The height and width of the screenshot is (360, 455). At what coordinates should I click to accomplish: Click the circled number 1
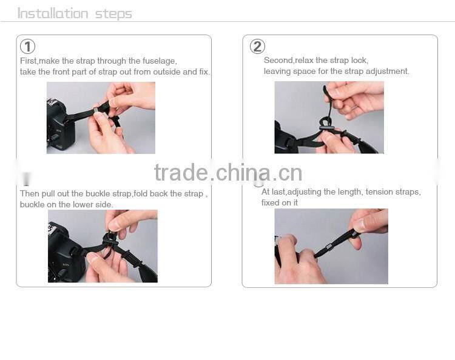click(x=28, y=47)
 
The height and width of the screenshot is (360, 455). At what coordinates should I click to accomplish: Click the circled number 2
click(x=257, y=47)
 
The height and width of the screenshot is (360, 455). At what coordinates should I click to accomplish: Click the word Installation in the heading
click(x=52, y=13)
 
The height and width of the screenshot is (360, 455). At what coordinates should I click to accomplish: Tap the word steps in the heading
click(x=113, y=13)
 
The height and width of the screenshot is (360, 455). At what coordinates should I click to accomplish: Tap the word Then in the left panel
click(x=30, y=194)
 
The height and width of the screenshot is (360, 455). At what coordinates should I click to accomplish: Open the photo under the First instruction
click(x=101, y=118)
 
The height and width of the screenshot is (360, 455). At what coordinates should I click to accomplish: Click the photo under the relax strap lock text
click(x=329, y=117)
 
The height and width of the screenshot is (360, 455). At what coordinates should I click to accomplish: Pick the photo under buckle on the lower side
click(x=103, y=246)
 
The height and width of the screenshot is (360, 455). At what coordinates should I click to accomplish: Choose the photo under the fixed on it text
click(x=331, y=247)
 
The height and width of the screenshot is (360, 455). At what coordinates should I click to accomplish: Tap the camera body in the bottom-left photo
click(x=64, y=258)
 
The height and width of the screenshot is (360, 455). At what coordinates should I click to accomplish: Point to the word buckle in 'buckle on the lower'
click(x=32, y=205)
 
